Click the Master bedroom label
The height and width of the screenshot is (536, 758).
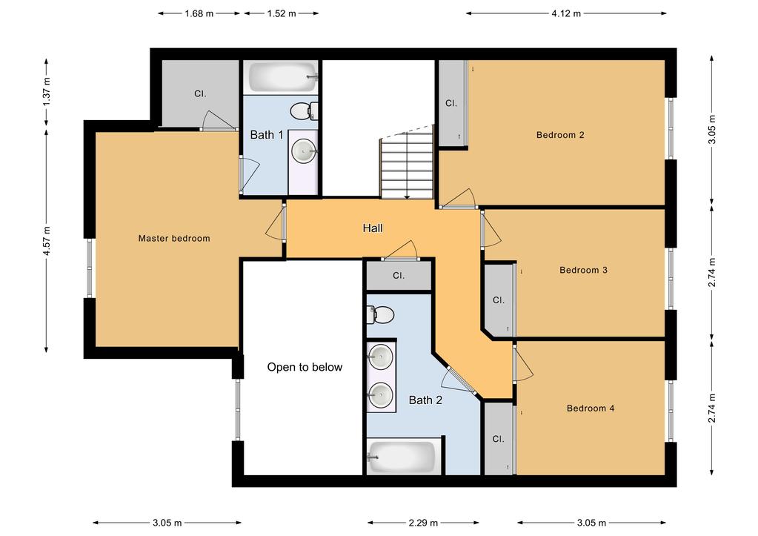[x=174, y=238]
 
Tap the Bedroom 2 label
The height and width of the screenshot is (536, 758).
[x=560, y=135]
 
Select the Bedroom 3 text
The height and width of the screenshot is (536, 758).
[x=583, y=270]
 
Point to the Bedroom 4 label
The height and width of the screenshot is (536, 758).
[x=590, y=408]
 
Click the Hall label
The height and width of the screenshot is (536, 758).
[x=372, y=228]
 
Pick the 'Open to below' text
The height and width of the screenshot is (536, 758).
[x=305, y=367]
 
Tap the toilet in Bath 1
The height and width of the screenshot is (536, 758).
[x=303, y=112]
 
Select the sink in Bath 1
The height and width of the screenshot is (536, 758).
[x=304, y=150]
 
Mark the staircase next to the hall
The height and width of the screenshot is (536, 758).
[x=406, y=165]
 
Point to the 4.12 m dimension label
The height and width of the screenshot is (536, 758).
[x=565, y=13]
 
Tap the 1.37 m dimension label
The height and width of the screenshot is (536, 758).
[x=47, y=91]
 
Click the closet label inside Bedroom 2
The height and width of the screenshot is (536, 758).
[x=451, y=104]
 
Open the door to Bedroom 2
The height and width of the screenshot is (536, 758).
[x=459, y=199]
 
